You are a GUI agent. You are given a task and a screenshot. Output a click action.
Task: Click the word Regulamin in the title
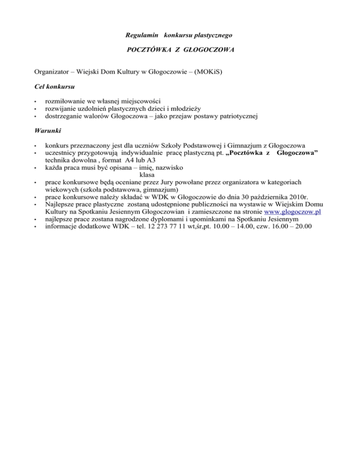pos(141,35)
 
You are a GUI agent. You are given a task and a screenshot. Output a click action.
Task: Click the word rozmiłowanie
pos(64,101)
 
